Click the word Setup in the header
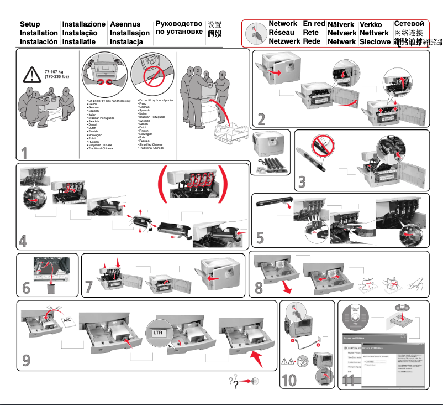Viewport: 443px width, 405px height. tap(30, 24)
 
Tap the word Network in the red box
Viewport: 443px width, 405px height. tap(283, 24)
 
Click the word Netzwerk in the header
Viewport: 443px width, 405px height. tap(284, 41)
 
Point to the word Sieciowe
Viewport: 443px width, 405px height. tap(376, 42)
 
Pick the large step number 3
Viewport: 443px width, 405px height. tap(301, 181)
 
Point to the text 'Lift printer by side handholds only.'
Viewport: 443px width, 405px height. tap(109, 100)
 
